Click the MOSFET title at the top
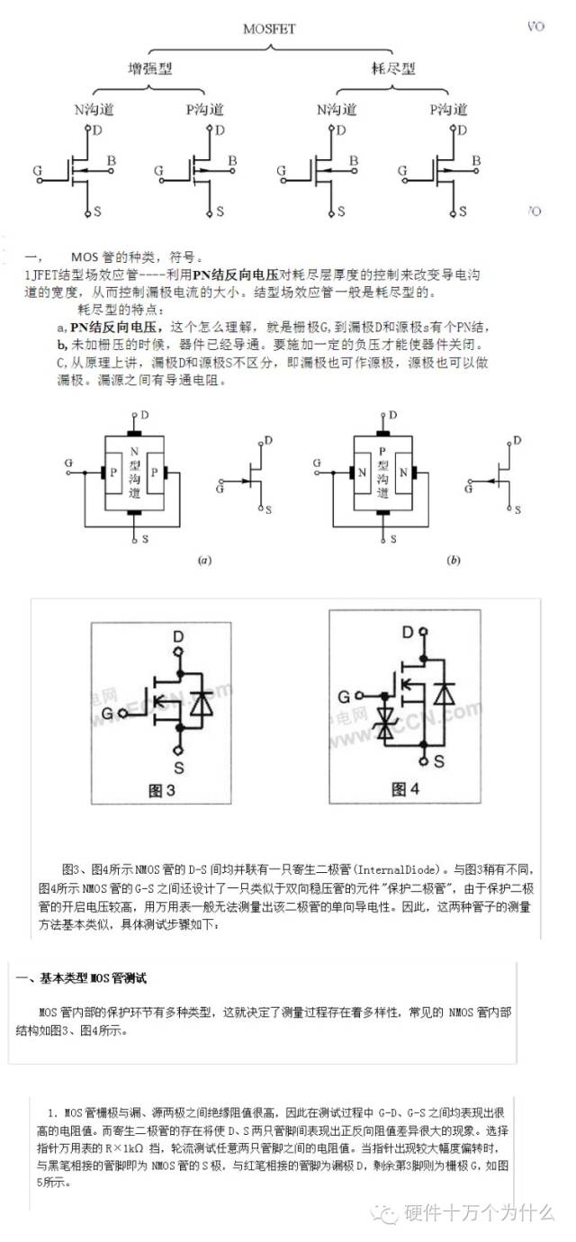point(269,29)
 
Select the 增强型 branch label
point(149,68)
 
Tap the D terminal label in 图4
point(408,632)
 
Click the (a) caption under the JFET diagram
point(204,560)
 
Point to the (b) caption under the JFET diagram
point(454,560)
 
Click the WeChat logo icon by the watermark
point(390,1213)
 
